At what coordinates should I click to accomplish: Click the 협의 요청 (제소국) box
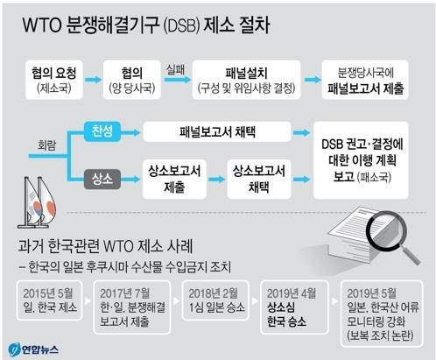click(54, 80)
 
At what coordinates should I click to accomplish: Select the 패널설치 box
click(247, 80)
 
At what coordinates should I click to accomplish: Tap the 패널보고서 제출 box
click(365, 80)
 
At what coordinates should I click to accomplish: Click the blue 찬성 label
click(102, 131)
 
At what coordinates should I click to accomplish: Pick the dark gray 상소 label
click(102, 179)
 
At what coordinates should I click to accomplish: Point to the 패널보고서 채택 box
click(217, 132)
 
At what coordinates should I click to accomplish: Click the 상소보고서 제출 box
click(174, 179)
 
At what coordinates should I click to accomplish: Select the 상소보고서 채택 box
click(259, 179)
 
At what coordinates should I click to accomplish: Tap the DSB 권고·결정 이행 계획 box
click(361, 160)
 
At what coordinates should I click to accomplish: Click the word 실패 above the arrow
click(175, 69)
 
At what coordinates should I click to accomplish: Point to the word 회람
click(47, 145)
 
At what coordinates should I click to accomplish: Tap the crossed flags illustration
click(37, 202)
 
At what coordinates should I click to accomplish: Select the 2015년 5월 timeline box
click(50, 300)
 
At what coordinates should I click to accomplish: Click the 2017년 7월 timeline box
click(132, 307)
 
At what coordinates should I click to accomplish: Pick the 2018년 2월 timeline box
click(215, 300)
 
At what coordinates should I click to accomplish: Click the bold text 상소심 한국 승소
click(286, 314)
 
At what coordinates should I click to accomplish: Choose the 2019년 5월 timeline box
click(382, 314)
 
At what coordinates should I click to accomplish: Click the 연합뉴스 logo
click(33, 349)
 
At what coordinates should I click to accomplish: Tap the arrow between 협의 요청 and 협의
click(93, 80)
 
